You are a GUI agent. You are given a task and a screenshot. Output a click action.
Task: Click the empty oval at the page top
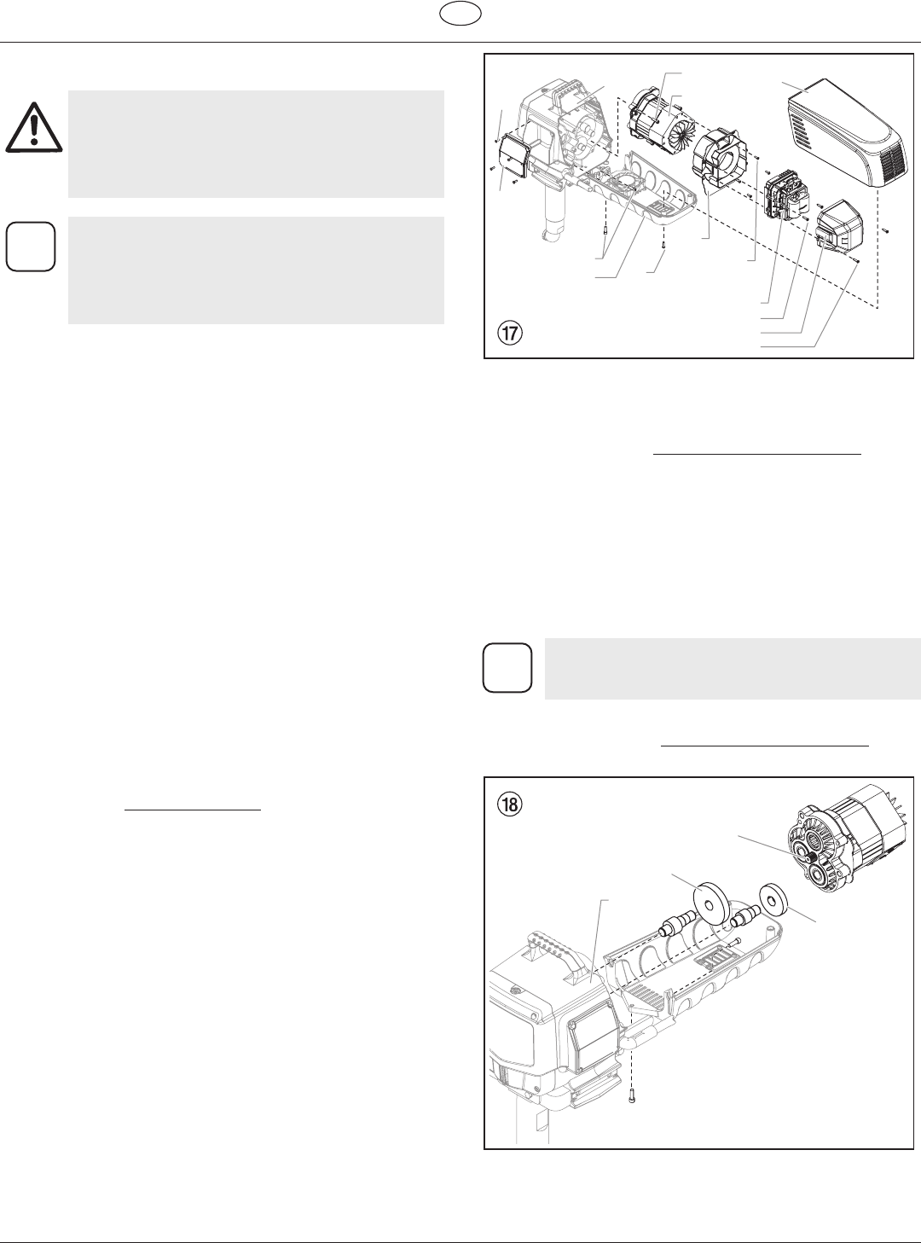click(x=460, y=14)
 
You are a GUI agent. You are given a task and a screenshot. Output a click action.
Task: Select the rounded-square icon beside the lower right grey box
click(x=507, y=668)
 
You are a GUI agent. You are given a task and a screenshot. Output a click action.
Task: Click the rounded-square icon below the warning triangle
click(x=31, y=247)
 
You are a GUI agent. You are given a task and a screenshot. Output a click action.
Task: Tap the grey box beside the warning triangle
click(x=256, y=144)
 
